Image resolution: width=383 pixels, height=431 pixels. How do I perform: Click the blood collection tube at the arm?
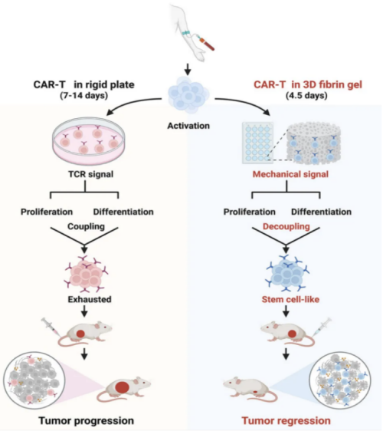coord(207,44)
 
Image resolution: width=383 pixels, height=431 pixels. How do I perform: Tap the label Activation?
coord(188,126)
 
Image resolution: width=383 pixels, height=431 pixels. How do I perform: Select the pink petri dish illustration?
coord(88,140)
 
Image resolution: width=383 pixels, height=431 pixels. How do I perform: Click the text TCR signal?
coord(90,174)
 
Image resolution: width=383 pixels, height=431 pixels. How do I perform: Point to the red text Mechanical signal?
coord(290,174)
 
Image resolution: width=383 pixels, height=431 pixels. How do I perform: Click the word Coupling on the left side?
coord(86,226)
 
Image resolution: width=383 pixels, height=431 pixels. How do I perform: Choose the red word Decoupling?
coord(286,226)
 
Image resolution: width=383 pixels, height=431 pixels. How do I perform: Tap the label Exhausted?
coord(90,299)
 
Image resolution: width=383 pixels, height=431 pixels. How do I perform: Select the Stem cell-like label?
coord(290,299)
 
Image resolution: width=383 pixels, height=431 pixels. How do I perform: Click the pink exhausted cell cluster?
coord(86,275)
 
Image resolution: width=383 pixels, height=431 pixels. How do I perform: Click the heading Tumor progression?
coord(87,420)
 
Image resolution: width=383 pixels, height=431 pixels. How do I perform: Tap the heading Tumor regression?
coord(286,420)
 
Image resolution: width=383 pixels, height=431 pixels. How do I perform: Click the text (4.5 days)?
coord(306,96)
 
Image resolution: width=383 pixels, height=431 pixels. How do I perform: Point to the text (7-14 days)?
coord(83,96)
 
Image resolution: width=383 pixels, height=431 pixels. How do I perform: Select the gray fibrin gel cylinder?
coord(313,143)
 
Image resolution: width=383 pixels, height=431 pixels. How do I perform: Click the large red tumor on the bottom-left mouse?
coord(122,387)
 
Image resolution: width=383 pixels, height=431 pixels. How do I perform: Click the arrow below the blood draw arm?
coord(188,69)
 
